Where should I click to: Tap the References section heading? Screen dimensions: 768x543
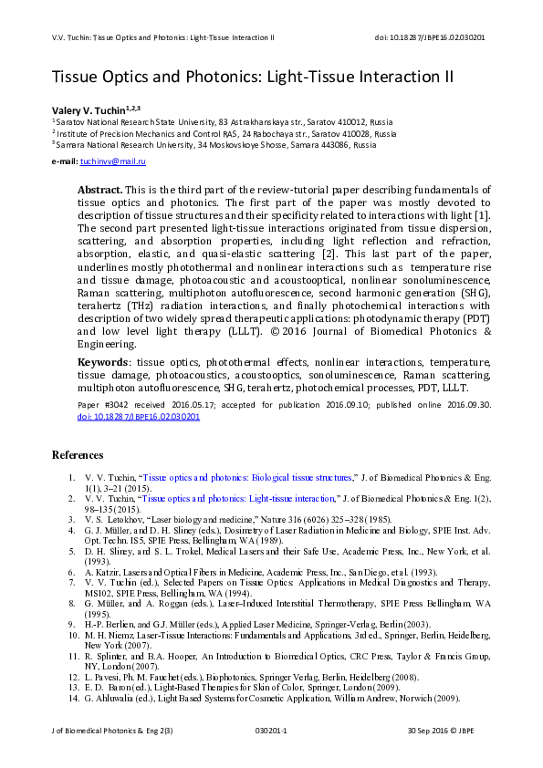(x=78, y=454)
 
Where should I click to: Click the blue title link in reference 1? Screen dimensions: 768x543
(x=247, y=477)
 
